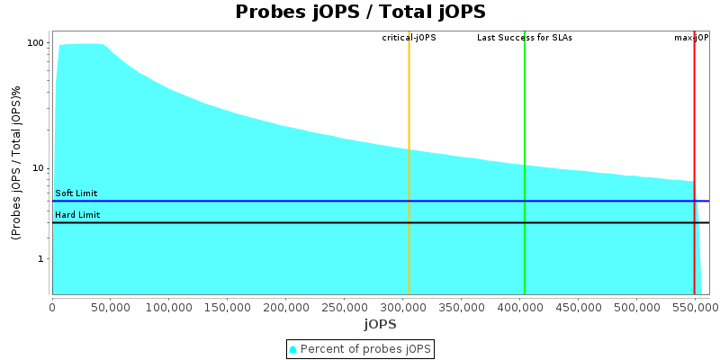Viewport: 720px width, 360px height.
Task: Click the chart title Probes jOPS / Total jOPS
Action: pyautogui.click(x=360, y=13)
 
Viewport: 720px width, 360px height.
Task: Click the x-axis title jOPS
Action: pyautogui.click(x=380, y=324)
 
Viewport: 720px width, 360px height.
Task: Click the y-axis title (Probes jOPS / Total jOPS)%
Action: pyautogui.click(x=16, y=163)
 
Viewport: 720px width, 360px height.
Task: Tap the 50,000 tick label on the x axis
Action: pyautogui.click(x=111, y=306)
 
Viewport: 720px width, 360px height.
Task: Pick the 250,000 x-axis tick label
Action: pyautogui.click(x=345, y=306)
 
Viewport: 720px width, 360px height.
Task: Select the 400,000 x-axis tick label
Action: pyautogui.click(x=519, y=306)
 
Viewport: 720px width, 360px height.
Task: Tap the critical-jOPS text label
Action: pyautogui.click(x=409, y=38)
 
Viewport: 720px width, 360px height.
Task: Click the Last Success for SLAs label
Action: pyautogui.click(x=525, y=38)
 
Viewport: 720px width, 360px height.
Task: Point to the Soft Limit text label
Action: pyautogui.click(x=76, y=193)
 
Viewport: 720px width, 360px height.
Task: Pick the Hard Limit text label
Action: pyautogui.click(x=77, y=215)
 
